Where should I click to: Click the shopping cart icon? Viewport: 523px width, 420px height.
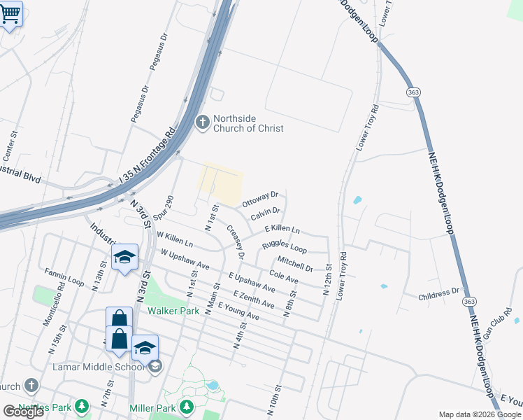point(10,13)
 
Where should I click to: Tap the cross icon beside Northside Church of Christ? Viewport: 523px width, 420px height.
point(202,123)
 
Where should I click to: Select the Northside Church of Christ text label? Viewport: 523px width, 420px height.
point(249,123)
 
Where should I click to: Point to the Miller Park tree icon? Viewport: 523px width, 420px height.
point(186,406)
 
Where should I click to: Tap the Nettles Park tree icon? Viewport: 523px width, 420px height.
point(83,406)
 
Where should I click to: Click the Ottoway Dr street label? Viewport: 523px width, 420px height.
point(260,198)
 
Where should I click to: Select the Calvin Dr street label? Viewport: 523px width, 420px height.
point(266,212)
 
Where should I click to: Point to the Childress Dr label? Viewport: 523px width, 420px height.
point(439,294)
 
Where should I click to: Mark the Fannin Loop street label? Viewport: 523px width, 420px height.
point(64,278)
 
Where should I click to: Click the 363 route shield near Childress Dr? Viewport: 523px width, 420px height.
point(469,301)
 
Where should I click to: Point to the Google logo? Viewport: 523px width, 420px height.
point(23,412)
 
